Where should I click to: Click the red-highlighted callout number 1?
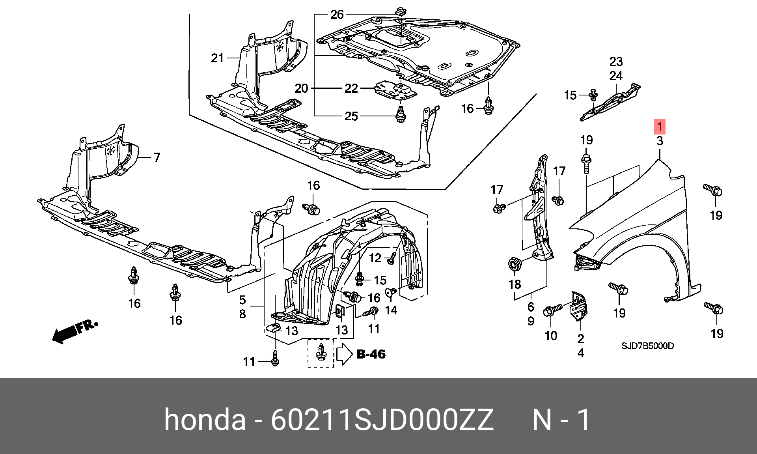click(660, 127)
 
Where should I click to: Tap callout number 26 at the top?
click(337, 15)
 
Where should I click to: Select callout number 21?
click(217, 58)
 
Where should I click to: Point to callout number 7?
click(157, 157)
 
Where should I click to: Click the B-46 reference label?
click(371, 354)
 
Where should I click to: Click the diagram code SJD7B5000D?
click(647, 346)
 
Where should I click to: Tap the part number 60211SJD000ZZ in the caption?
click(382, 420)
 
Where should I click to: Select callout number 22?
click(351, 88)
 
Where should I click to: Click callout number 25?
click(351, 116)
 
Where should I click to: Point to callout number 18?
click(515, 284)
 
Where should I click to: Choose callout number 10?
click(551, 336)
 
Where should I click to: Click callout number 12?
click(375, 258)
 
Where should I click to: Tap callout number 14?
click(391, 310)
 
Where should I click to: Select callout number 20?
click(301, 88)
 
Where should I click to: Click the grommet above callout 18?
click(514, 263)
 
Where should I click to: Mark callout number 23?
click(616, 62)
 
